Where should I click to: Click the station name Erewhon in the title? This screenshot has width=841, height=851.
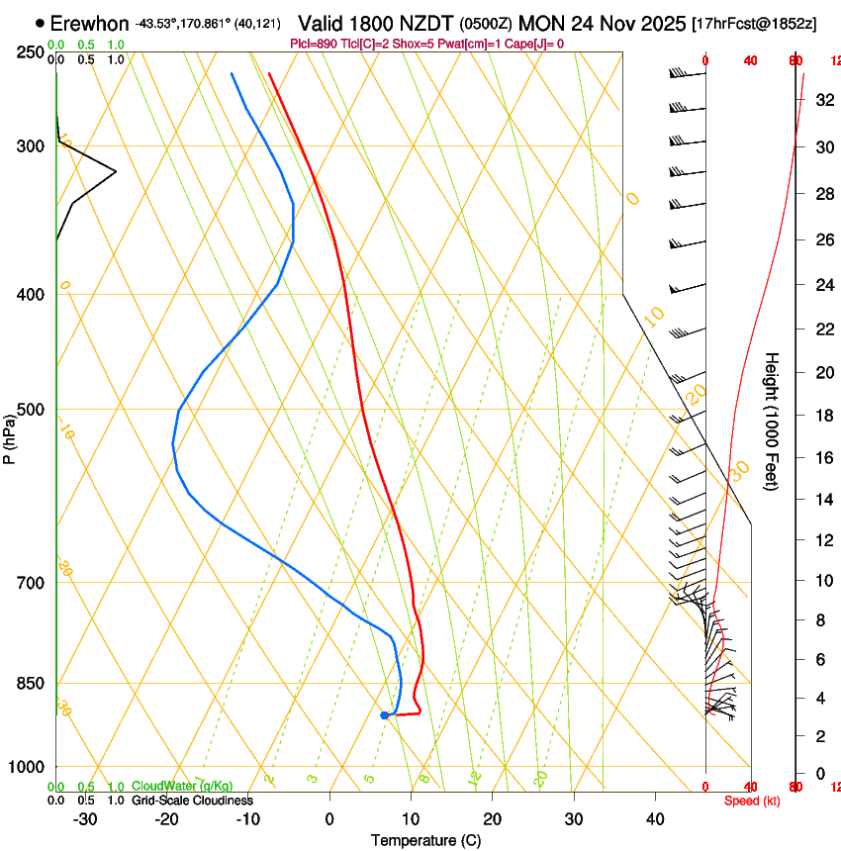[x=89, y=23]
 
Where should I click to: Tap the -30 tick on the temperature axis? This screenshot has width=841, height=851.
[x=85, y=818]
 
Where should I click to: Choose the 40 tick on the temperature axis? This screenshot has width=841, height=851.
[x=655, y=818]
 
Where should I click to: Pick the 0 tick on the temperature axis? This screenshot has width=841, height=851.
[x=329, y=818]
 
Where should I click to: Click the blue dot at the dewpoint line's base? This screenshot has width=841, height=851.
[x=384, y=714]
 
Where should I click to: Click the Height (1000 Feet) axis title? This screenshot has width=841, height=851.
[x=773, y=421]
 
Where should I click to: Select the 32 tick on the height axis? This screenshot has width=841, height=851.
[x=821, y=99]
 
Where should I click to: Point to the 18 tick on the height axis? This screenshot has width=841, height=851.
[x=821, y=415]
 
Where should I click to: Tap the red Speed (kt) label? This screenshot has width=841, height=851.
[x=752, y=801]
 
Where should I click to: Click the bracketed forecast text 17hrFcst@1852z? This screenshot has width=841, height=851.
[x=755, y=23]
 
